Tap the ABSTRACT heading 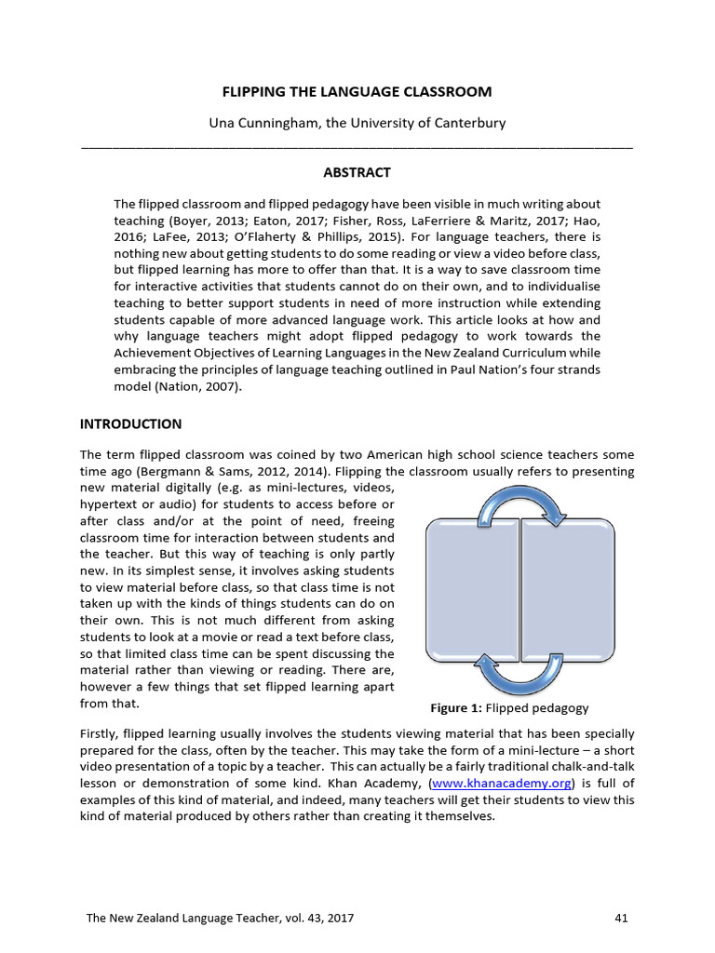[x=357, y=172]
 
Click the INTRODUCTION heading [x=131, y=423]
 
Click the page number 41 [x=622, y=919]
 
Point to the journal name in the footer [x=219, y=919]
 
